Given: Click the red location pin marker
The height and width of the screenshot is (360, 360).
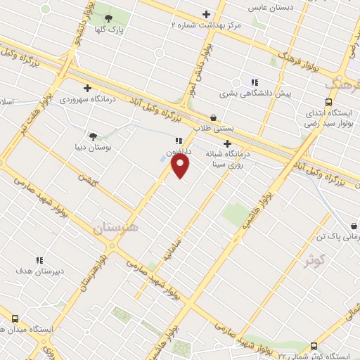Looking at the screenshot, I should click(x=181, y=166).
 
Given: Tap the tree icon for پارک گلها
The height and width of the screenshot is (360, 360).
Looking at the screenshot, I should click(x=109, y=18).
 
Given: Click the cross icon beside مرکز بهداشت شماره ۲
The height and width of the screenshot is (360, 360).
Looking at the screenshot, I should click(x=206, y=14).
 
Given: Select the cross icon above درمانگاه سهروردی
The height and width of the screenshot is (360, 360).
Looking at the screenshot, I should click(x=87, y=88).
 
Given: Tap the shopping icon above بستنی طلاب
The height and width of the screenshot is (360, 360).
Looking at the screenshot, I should click(x=213, y=118).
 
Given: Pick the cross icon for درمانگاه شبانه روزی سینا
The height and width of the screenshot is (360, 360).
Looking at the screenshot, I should click(x=227, y=143).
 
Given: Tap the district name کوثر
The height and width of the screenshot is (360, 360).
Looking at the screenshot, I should click(x=315, y=262).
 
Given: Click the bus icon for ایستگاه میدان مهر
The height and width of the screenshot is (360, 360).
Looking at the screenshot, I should click(x=15, y=318).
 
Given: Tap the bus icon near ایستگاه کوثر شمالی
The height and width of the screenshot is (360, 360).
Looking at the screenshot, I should click(x=314, y=346).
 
